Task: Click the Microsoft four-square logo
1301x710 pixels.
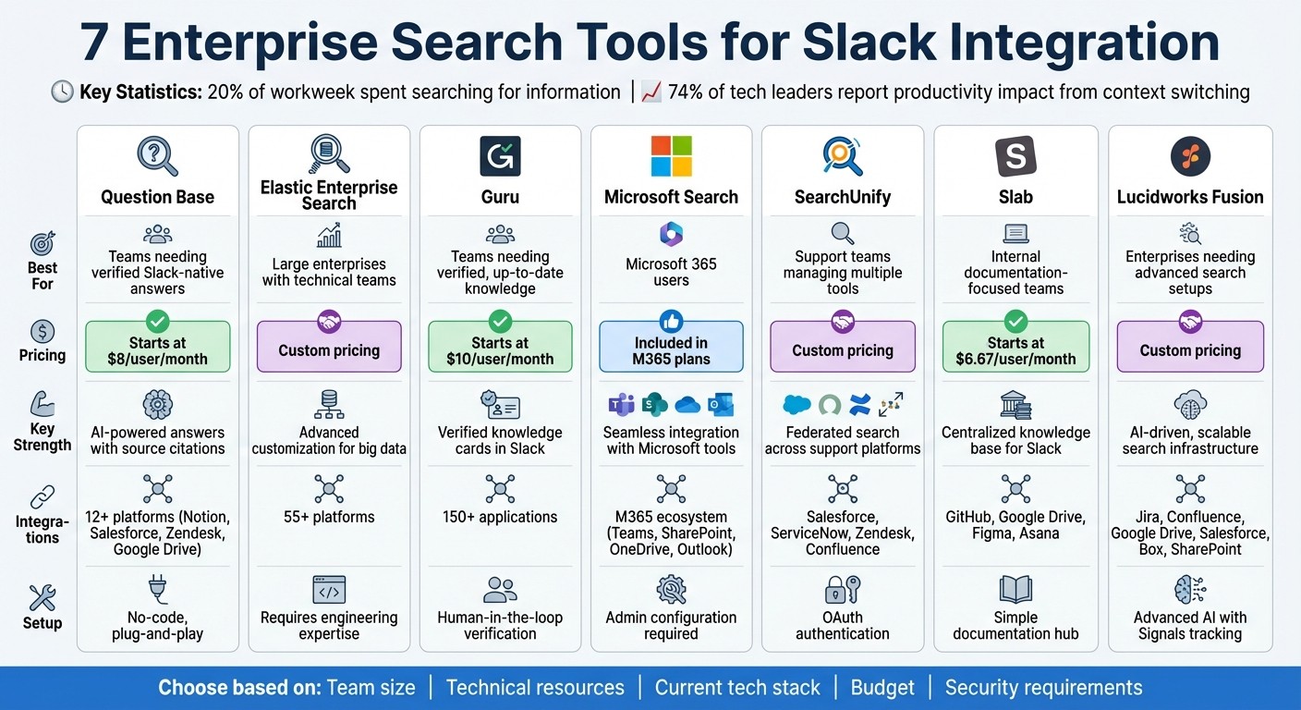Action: [x=671, y=155]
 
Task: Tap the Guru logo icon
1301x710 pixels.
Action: [x=500, y=155]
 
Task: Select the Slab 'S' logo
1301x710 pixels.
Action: [x=1015, y=155]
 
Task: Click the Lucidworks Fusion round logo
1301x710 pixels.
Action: [x=1190, y=155]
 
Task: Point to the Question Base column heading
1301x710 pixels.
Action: [x=157, y=197]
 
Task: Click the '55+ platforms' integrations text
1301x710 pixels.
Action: [x=329, y=517]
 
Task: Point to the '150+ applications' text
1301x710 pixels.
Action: [x=500, y=517]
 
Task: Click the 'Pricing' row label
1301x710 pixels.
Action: [x=43, y=355]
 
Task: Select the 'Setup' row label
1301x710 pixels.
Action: [x=43, y=622]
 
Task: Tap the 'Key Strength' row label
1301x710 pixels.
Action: [x=43, y=436]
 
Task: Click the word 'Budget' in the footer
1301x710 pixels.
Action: [x=882, y=688]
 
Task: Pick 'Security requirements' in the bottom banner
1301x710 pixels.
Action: [x=1043, y=688]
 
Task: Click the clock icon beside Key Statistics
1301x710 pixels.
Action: [x=62, y=92]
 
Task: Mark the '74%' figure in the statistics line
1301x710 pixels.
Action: [x=689, y=92]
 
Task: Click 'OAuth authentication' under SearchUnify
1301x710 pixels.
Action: [x=843, y=625]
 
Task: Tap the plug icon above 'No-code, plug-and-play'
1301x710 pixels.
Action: [x=157, y=588]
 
